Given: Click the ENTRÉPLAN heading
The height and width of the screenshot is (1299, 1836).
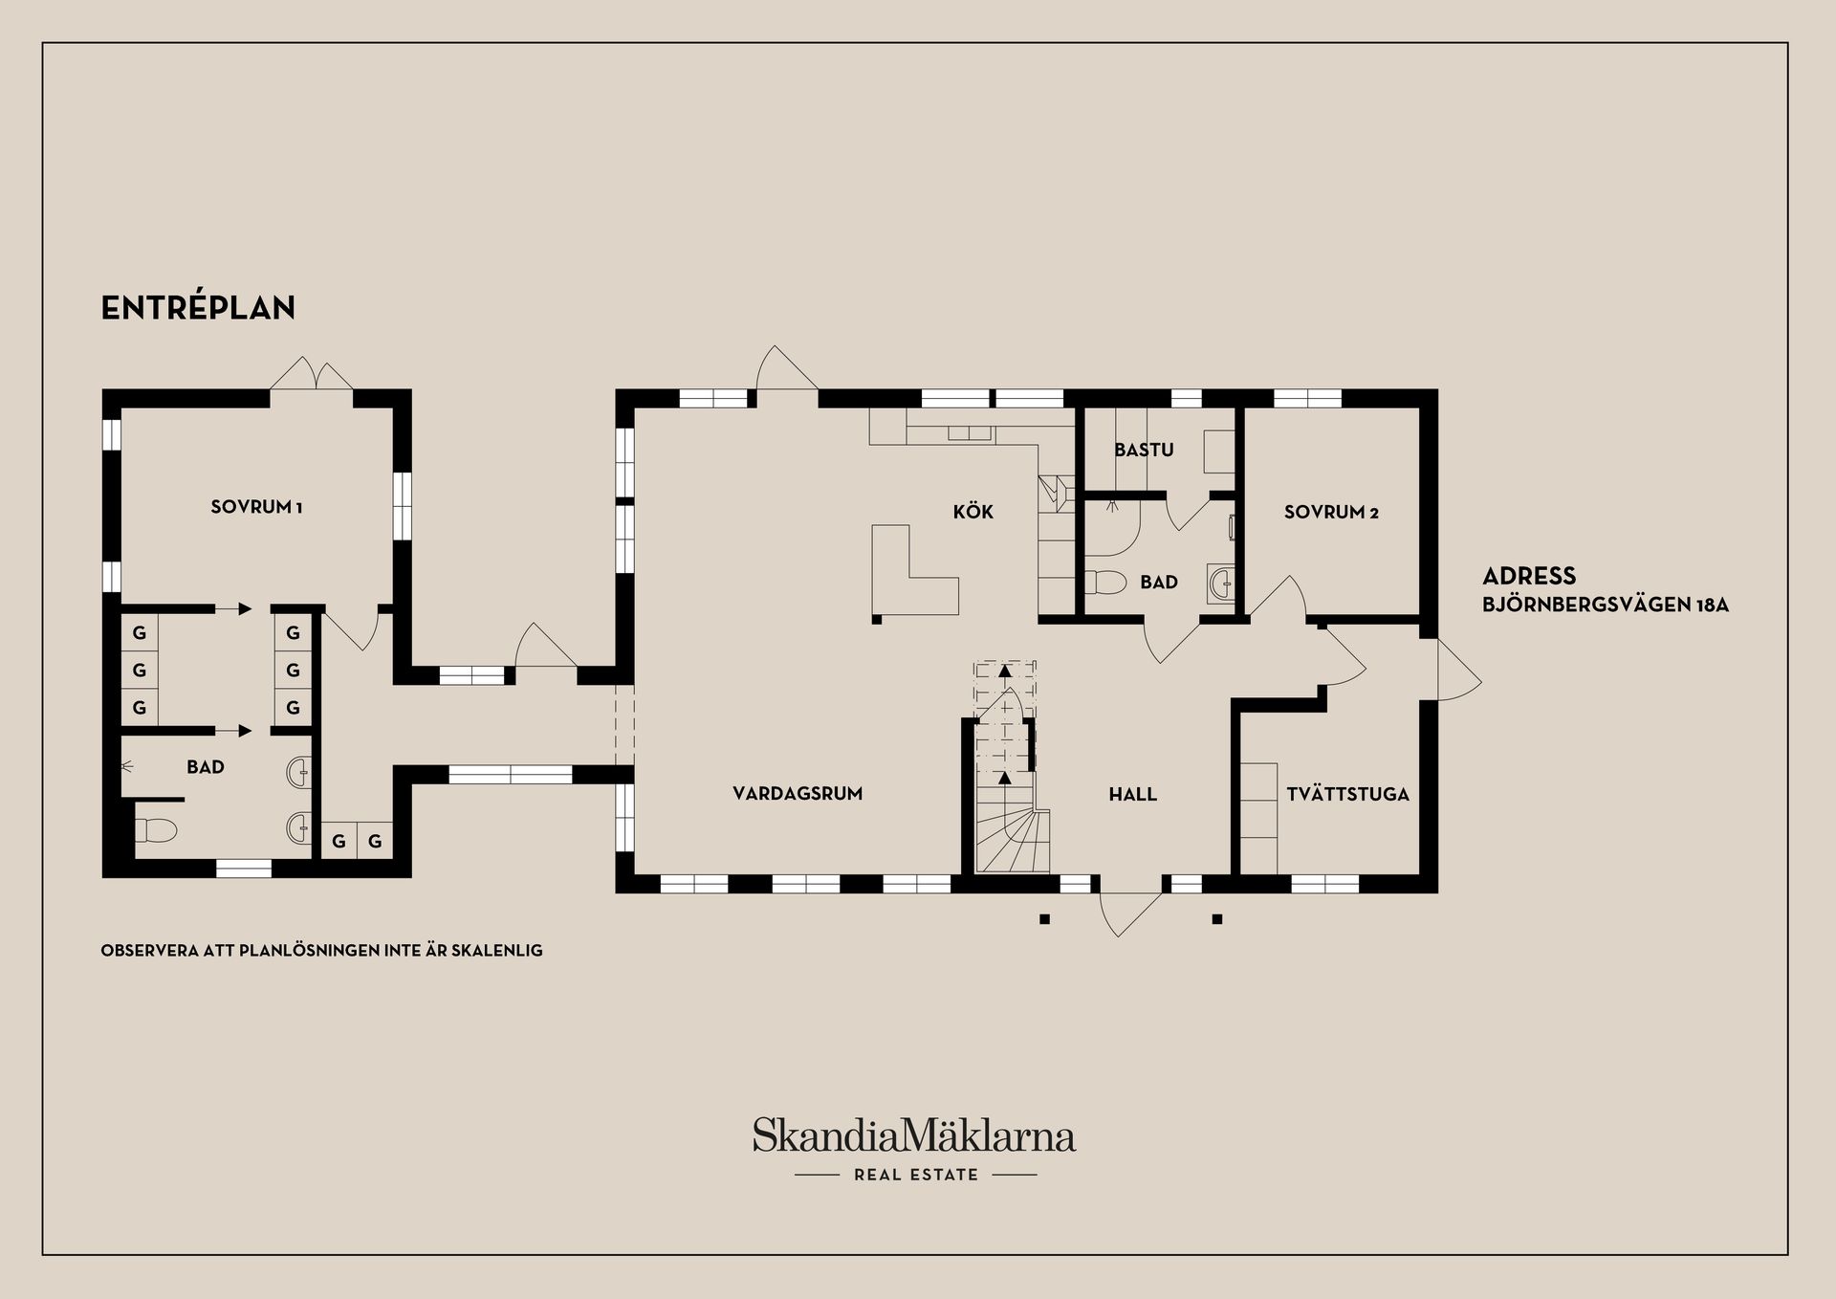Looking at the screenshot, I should point(198,307).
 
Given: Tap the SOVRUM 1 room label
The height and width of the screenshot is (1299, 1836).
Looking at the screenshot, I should point(256,507).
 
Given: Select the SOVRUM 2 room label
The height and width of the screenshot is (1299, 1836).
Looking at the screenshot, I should point(1331,512).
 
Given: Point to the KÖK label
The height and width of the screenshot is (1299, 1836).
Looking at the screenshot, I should point(973,512).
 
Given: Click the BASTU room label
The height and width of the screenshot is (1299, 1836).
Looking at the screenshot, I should point(1144,450).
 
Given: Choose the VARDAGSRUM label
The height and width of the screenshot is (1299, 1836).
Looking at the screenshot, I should point(798,793).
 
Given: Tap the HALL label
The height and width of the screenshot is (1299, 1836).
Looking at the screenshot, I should point(1132,794).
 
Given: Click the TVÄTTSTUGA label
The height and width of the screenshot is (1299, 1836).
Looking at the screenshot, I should point(1347,794).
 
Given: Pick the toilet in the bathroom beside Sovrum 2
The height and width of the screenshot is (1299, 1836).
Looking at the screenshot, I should point(1107,582).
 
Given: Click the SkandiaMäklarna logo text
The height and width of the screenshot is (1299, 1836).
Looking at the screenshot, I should point(913,1136).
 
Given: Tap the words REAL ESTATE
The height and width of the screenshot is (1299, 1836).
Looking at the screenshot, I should point(916,1175).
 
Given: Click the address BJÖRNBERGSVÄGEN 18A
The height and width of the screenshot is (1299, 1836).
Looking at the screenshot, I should point(1605,605).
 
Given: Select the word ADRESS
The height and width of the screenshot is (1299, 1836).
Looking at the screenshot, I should point(1528,576).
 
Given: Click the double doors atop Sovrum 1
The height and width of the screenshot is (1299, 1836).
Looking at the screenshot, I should point(313,375).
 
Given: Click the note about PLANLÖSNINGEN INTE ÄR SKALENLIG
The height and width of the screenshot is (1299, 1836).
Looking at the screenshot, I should point(321,951).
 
